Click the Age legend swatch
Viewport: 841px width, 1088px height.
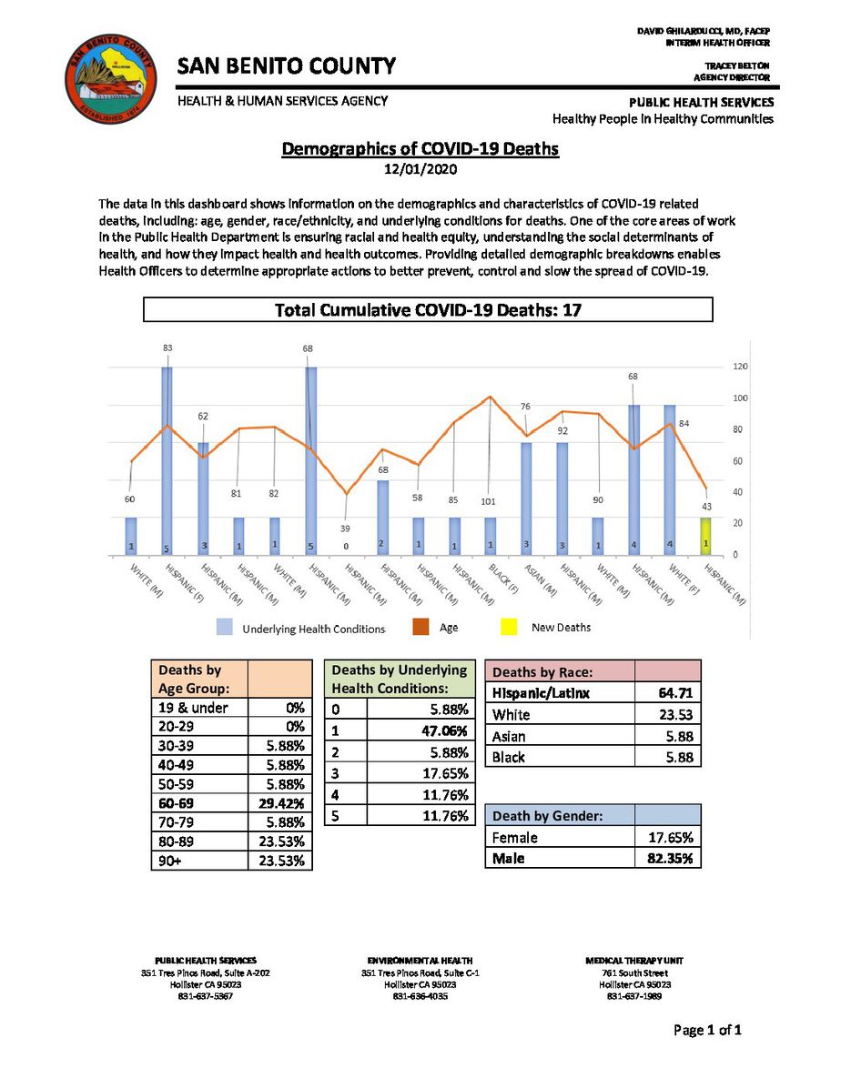[x=421, y=628]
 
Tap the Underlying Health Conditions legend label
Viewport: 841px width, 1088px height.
[x=314, y=629]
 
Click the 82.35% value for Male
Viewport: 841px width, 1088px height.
[x=668, y=858]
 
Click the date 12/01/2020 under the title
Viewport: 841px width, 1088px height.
[x=420, y=169]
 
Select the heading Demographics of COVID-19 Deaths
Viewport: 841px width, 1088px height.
[x=420, y=148]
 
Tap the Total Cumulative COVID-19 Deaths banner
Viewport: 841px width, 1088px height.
[x=428, y=310]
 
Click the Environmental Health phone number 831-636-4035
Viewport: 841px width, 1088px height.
[x=420, y=995]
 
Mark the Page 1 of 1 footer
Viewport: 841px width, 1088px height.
[x=708, y=1031]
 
